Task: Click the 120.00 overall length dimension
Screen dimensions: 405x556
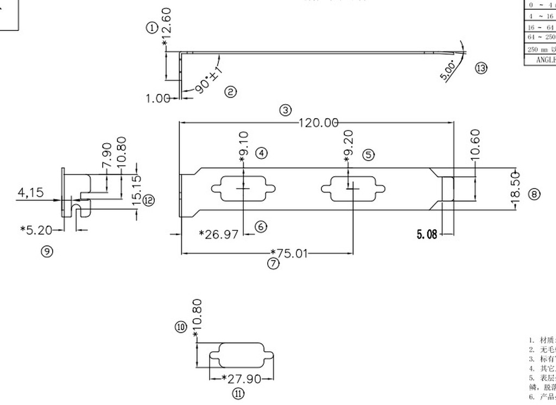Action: pos(319,123)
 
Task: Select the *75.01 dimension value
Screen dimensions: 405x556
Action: pos(289,253)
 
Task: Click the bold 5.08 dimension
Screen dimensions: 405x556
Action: pos(426,235)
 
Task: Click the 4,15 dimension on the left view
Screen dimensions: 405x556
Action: pos(31,192)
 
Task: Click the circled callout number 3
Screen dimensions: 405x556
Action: pos(286,110)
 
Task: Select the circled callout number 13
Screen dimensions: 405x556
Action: pos(481,68)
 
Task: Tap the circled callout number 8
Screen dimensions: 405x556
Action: pos(534,194)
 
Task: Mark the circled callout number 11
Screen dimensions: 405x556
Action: pos(238,394)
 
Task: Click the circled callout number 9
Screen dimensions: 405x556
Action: pos(48,251)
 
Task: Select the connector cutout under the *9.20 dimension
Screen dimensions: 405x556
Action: pos(353,189)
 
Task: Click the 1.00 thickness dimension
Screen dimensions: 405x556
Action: pos(158,98)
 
